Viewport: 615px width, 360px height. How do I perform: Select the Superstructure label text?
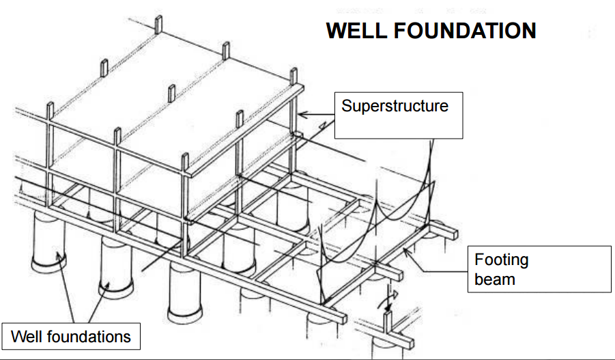[x=395, y=106]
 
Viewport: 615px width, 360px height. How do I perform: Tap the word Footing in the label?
[x=502, y=260]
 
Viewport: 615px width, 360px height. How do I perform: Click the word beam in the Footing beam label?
[x=495, y=279]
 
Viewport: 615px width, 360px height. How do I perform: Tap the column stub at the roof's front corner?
[x=185, y=162]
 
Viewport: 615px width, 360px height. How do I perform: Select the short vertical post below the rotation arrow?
[x=387, y=320]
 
